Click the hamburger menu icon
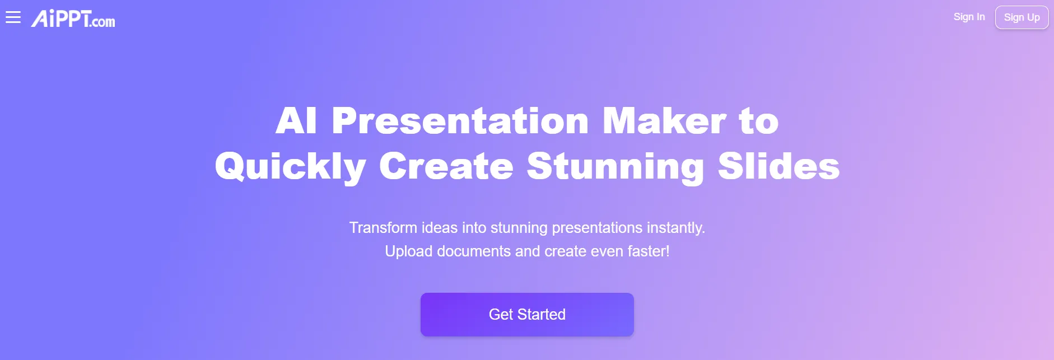click(x=13, y=17)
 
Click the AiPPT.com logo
click(x=73, y=18)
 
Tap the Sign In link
click(x=969, y=17)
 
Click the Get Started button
click(x=527, y=315)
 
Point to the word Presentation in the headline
click(x=460, y=121)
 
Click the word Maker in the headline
click(x=664, y=121)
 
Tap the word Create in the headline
click(x=446, y=166)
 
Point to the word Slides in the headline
click(x=778, y=166)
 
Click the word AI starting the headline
click(x=296, y=121)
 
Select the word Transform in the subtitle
click(x=383, y=228)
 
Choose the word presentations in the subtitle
click(x=597, y=228)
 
